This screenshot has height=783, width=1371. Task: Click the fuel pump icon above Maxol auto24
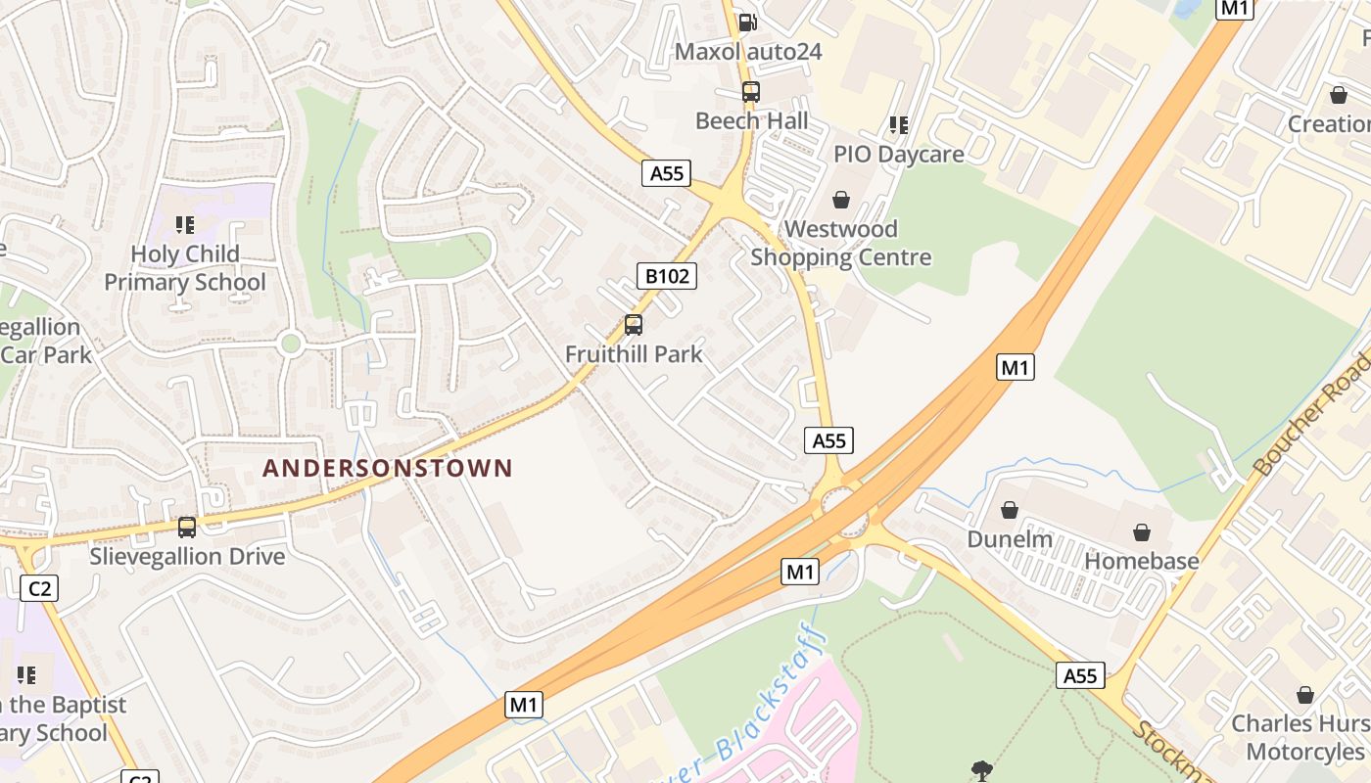coord(747,23)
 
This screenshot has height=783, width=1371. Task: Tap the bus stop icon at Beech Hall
coord(750,93)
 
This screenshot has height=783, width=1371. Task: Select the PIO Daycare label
coord(898,154)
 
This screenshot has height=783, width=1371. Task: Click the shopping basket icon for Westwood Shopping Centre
coord(840,201)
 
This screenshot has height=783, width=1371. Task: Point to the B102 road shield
coord(667,276)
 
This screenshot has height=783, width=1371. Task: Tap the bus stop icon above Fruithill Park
coord(634,325)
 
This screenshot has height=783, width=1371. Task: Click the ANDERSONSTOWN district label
coord(388,468)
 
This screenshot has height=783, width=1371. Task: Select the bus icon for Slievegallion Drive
coord(186,528)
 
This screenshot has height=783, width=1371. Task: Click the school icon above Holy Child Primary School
coord(185,226)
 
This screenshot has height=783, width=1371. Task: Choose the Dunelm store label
coord(1010,539)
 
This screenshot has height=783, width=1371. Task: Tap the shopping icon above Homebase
coord(1141,532)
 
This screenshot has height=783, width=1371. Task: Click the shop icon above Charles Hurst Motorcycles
coord(1304,695)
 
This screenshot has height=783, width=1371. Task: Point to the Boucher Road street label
coord(1312,415)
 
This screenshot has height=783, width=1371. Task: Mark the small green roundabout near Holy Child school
coord(289,344)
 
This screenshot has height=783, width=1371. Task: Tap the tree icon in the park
coord(980,770)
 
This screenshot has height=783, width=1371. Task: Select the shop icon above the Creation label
coord(1338,95)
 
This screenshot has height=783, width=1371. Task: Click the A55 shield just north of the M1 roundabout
coord(828,440)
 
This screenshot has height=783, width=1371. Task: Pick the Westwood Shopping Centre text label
coord(840,244)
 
